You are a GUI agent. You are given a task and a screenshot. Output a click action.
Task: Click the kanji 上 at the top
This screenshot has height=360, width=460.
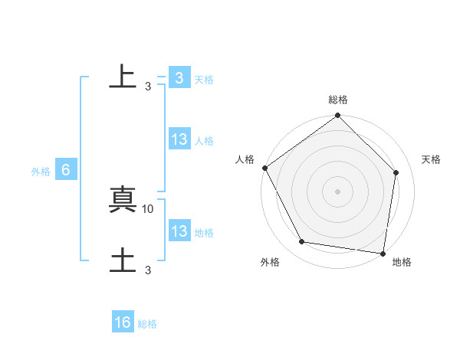coord(123,77)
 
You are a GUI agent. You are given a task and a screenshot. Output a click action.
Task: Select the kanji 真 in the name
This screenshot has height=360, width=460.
coord(123,200)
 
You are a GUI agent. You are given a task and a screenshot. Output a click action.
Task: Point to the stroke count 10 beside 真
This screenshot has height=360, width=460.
coord(148,208)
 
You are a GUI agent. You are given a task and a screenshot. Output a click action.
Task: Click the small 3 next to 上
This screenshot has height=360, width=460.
coord(148,86)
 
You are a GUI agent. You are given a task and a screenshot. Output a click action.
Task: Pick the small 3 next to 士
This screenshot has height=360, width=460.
coord(148,270)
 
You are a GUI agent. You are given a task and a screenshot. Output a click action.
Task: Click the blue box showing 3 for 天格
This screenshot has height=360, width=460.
coord(179,77)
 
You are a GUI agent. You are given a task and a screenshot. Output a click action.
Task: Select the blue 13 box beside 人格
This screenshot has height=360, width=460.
coord(179,139)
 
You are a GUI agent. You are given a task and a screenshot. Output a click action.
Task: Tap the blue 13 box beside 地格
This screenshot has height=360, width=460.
coord(179,231)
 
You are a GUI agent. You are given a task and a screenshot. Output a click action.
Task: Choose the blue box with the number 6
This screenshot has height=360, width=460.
coord(66,171)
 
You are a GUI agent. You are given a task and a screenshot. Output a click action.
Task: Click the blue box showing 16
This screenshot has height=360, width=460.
coord(123,322)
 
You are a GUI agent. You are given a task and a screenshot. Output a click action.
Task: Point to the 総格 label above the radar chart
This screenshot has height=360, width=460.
coord(338,100)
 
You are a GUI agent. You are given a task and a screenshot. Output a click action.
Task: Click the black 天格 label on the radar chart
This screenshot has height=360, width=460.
coord(432,159)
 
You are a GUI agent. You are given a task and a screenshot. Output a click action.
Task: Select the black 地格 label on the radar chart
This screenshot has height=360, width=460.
coord(402,262)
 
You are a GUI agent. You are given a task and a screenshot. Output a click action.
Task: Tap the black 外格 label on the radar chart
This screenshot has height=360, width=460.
coord(270,262)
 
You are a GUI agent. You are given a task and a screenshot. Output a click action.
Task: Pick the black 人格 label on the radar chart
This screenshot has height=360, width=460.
coord(245,159)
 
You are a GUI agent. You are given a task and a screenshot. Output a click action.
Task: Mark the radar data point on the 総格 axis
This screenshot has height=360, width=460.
coord(338,116)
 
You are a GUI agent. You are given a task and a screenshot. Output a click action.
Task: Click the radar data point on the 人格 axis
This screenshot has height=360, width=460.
coord(265,168)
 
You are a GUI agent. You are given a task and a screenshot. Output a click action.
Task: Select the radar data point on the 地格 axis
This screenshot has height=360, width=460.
coord(383,252)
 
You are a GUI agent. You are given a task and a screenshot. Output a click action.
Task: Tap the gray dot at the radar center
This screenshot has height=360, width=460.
coord(338,191)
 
